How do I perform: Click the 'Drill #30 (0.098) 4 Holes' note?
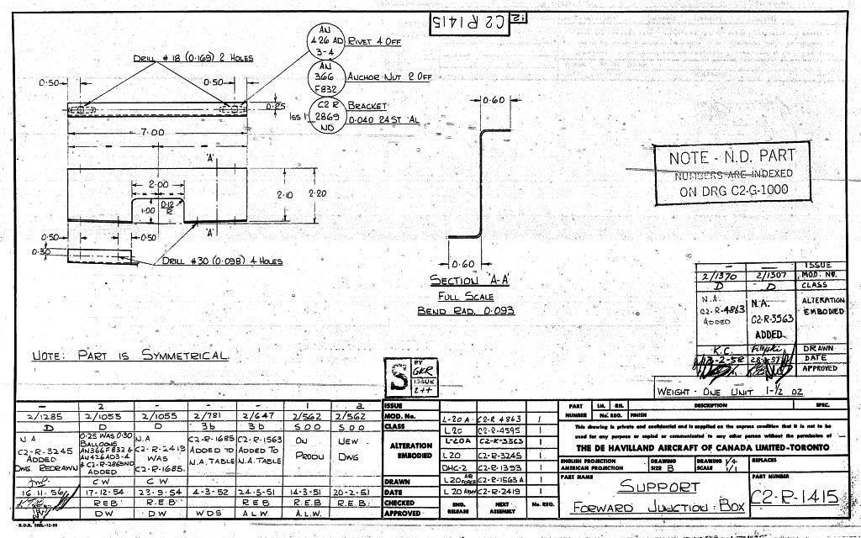pos(224,261)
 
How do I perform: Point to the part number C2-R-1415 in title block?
pos(795,497)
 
